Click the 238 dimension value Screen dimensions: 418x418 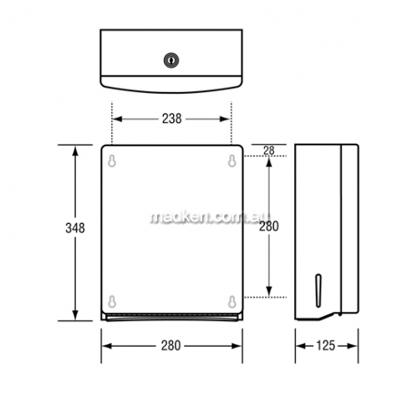pyautogui.click(x=172, y=119)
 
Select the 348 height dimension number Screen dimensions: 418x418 pyautogui.click(x=75, y=228)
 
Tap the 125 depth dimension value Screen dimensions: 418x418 pyautogui.click(x=325, y=346)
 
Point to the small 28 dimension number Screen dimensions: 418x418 pyautogui.click(x=269, y=150)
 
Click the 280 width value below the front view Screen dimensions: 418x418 pyautogui.click(x=171, y=346)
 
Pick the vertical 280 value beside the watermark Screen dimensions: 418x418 pyautogui.click(x=269, y=226)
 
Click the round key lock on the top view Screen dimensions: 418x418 pyautogui.click(x=171, y=60)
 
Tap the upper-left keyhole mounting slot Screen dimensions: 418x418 pyautogui.click(x=112, y=161)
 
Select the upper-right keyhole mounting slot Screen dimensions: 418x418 pyautogui.click(x=232, y=161)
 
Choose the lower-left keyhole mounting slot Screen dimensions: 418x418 pyautogui.click(x=112, y=302)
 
